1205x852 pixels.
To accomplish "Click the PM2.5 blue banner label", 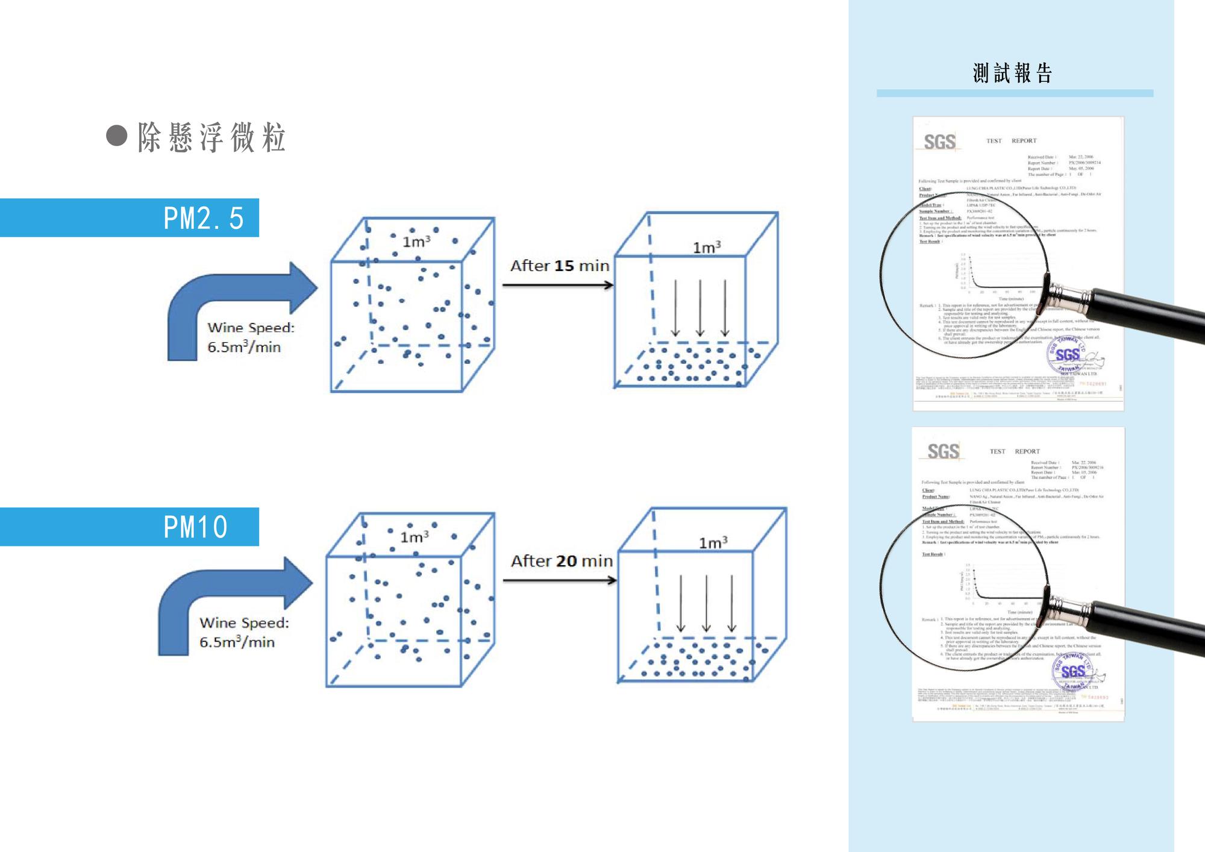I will [x=203, y=218].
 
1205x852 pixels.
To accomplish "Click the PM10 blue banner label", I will [x=196, y=527].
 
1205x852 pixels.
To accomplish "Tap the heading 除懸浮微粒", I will [x=211, y=137].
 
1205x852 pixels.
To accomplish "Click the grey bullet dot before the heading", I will [x=116, y=136].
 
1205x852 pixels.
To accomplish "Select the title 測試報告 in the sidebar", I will [x=1013, y=74].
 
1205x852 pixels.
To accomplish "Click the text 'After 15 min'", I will [x=559, y=266].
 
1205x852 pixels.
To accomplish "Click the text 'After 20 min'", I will [x=562, y=561].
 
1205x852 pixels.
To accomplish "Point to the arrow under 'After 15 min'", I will [x=557, y=285].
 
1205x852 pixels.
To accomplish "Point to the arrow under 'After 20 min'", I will [x=560, y=580].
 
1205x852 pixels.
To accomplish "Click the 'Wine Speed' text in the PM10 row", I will [x=244, y=622].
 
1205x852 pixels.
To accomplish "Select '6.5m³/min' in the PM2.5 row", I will [x=244, y=347].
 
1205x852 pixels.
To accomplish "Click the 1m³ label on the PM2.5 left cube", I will [x=416, y=242].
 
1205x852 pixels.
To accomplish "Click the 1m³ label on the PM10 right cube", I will [x=713, y=543].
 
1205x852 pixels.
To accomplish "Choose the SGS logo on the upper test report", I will [x=939, y=142].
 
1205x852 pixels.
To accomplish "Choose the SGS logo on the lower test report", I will [x=943, y=451].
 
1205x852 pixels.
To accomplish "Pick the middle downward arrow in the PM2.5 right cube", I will [x=700, y=308].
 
